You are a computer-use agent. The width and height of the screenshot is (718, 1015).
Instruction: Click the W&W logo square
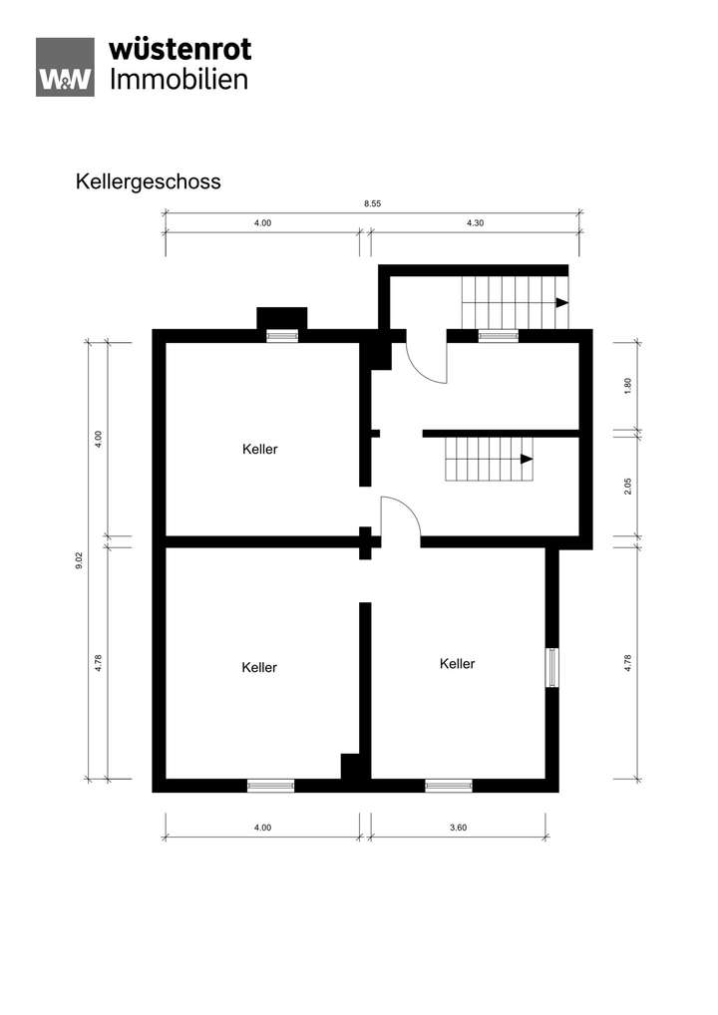(65, 67)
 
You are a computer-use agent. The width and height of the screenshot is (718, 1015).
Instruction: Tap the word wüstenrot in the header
(179, 49)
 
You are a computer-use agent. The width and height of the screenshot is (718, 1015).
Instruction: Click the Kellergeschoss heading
(148, 182)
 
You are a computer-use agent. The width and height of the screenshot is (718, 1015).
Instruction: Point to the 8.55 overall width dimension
(372, 203)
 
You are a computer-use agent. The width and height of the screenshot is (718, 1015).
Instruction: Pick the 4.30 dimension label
(475, 223)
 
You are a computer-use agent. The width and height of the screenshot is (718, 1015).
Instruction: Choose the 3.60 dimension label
(459, 828)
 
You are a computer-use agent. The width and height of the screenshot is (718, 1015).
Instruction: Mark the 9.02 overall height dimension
(79, 561)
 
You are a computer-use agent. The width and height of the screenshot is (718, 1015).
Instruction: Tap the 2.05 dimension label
(628, 487)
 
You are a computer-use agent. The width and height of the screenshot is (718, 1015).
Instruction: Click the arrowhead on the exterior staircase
(562, 302)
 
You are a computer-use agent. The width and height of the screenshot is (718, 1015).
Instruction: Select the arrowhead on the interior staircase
(527, 460)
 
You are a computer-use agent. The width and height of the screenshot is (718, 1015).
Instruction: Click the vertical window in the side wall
(551, 667)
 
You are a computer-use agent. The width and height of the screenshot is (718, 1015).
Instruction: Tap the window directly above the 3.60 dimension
(449, 786)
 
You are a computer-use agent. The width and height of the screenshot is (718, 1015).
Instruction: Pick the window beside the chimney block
(282, 336)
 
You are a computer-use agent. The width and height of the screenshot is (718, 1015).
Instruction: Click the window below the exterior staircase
(498, 336)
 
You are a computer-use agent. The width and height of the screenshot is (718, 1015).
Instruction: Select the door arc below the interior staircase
(403, 516)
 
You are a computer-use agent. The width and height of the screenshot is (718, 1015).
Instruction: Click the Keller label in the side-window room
(458, 664)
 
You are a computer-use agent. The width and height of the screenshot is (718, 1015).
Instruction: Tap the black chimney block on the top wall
(282, 317)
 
